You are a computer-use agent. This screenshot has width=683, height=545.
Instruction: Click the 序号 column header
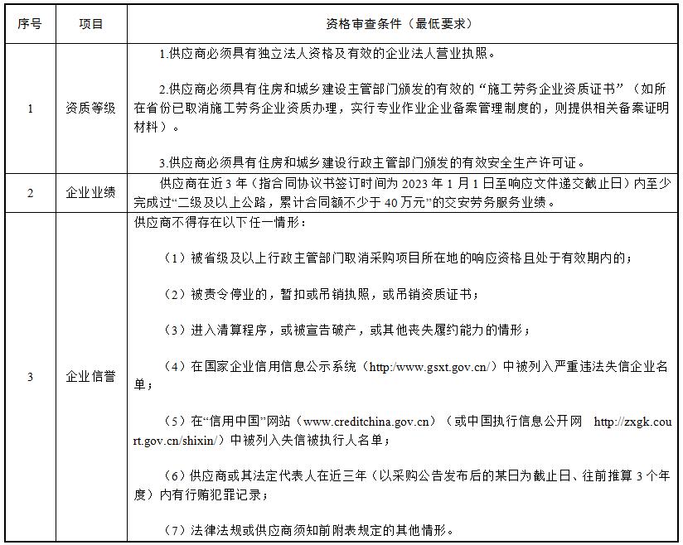pos(30,24)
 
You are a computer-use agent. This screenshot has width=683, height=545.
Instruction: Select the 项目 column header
pos(91,24)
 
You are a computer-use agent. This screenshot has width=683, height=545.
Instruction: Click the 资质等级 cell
pos(91,108)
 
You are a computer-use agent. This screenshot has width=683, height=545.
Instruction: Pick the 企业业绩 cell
pos(91,193)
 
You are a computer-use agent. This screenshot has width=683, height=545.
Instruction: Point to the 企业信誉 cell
pos(91,377)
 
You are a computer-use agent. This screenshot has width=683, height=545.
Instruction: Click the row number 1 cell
pos(30,108)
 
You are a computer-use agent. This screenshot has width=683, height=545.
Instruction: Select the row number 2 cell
pos(30,193)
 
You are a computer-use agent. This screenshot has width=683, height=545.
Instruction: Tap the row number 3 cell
pos(30,377)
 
